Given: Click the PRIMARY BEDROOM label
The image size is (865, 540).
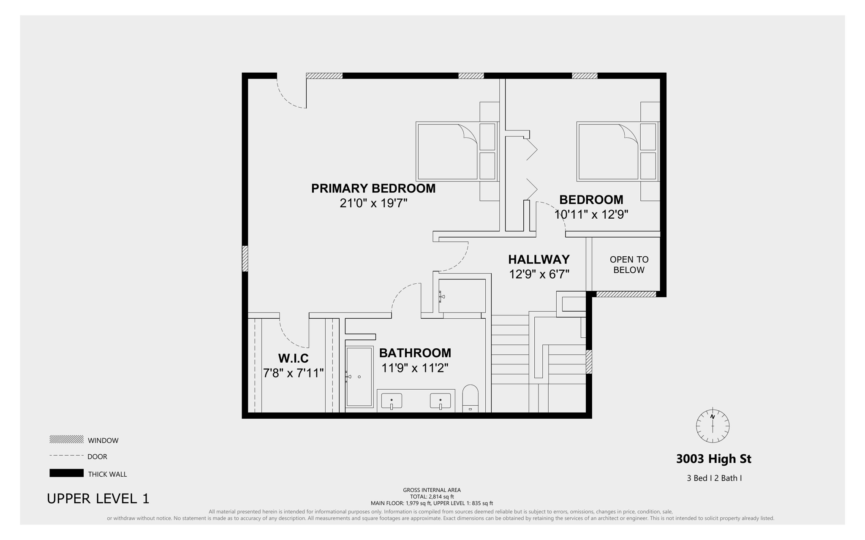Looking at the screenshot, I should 373,188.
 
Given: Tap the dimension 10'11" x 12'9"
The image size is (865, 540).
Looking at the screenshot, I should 591,214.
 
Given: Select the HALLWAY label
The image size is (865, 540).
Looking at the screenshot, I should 539,259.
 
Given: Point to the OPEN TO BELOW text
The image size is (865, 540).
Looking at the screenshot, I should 628,265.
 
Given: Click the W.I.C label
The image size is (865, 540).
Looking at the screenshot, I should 293,358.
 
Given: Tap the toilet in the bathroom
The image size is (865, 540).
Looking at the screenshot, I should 470,398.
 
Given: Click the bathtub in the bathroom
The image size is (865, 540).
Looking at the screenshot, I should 359,377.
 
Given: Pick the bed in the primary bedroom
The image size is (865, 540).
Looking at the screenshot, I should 448,152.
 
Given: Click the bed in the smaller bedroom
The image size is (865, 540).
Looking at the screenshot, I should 609,152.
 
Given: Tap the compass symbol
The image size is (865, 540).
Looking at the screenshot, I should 713,426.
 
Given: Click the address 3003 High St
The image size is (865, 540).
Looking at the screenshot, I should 713,459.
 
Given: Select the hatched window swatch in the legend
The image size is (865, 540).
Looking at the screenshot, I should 66,440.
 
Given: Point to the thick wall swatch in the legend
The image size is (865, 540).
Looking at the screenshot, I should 66,473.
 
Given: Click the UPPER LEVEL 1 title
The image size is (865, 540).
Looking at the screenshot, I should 98,499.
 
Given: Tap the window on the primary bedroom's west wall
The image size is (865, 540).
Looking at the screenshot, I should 245,258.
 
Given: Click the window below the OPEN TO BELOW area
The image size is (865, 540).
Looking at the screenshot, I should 626,294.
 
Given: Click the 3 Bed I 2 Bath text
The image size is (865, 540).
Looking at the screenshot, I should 714,478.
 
